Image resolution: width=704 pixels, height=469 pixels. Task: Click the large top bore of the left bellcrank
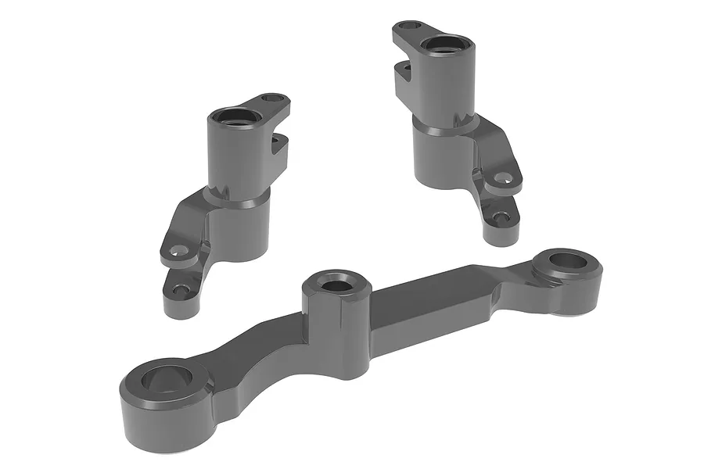(x=235, y=118)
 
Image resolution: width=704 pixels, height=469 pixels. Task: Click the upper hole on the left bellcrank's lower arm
(x=179, y=252)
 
